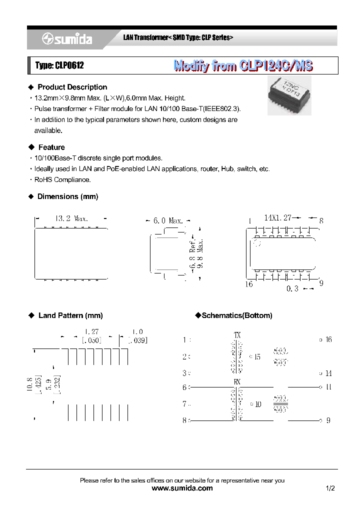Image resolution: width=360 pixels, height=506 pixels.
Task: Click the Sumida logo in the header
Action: (x=67, y=39)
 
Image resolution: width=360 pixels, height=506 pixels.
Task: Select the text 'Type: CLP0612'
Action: (x=55, y=65)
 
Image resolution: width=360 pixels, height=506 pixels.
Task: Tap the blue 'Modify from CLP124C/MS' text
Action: (x=243, y=65)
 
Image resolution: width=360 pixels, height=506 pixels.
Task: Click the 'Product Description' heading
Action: (x=72, y=87)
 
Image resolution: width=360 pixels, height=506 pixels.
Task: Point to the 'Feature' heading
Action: (x=51, y=147)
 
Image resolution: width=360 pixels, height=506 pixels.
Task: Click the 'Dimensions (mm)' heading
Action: (x=68, y=196)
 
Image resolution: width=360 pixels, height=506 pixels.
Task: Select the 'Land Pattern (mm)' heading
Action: (x=70, y=315)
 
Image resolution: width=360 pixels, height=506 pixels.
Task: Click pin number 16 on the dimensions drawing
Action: (x=248, y=284)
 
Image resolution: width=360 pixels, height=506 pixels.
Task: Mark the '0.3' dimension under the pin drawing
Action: (x=292, y=289)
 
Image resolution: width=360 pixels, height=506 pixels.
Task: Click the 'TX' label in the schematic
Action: (x=237, y=335)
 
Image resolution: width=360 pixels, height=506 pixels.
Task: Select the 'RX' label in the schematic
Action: (x=237, y=381)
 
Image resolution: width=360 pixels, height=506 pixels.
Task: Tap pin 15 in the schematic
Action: (x=257, y=357)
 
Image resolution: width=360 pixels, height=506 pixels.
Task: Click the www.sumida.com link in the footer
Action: (x=181, y=488)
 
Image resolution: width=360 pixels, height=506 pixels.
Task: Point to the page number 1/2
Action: (x=330, y=488)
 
